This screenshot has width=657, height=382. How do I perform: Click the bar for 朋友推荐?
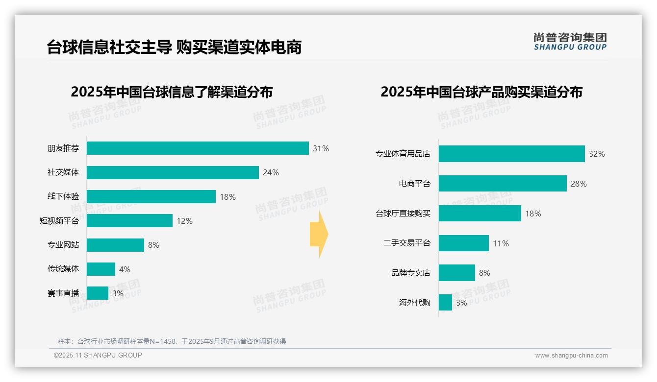click(x=198, y=148)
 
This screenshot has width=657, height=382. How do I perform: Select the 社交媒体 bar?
click(x=173, y=172)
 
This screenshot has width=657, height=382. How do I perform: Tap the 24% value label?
click(x=271, y=172)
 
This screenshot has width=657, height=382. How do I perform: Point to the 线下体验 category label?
click(x=63, y=196)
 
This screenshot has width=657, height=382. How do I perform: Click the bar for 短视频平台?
click(x=129, y=221)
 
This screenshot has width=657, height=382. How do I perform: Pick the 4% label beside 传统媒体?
click(x=125, y=269)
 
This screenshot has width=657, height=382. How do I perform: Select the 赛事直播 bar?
click(x=98, y=293)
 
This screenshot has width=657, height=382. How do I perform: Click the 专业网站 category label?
click(x=63, y=245)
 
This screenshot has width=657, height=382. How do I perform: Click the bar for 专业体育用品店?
click(x=511, y=154)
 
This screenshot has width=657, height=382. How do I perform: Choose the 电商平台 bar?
click(x=503, y=184)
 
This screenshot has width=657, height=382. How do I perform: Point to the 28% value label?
click(x=579, y=184)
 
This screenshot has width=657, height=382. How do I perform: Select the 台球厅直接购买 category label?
click(x=403, y=214)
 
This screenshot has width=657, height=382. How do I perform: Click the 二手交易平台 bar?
click(x=463, y=243)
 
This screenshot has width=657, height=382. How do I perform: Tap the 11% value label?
click(x=501, y=243)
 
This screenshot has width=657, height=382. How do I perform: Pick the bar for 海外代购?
click(x=445, y=303)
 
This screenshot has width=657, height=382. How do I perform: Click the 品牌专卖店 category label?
click(x=410, y=273)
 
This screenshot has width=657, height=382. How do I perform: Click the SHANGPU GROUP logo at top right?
click(x=570, y=42)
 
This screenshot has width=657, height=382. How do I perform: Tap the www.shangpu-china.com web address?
click(x=571, y=356)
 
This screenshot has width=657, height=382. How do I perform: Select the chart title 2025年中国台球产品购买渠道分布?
click(x=481, y=92)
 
